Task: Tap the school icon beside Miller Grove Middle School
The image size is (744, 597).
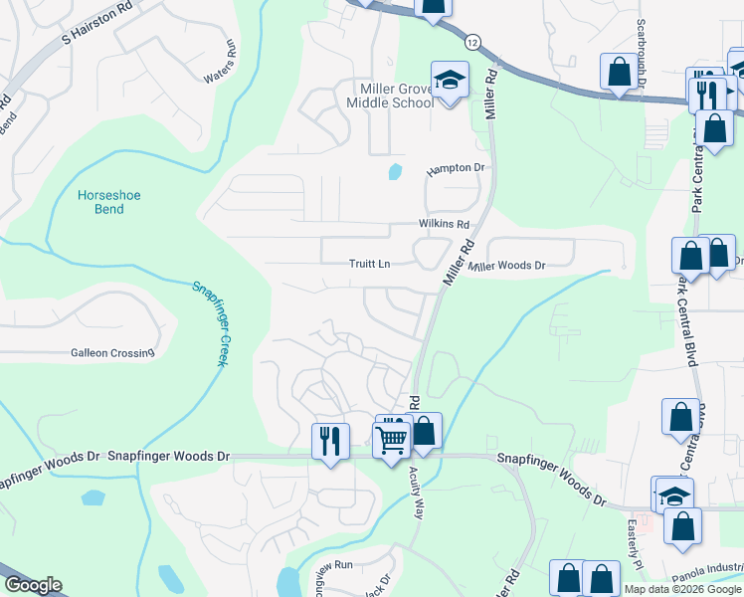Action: pyautogui.click(x=450, y=80)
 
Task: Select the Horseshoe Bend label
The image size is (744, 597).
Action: pyautogui.click(x=109, y=202)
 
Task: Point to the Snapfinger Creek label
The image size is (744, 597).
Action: pyautogui.click(x=210, y=323)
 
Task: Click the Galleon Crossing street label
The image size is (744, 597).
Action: pyautogui.click(x=112, y=352)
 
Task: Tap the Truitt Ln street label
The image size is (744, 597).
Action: pyautogui.click(x=369, y=264)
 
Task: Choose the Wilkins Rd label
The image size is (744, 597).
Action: pyautogui.click(x=444, y=225)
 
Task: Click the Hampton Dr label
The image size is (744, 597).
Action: pyautogui.click(x=455, y=169)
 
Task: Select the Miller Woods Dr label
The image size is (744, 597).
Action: pyautogui.click(x=508, y=266)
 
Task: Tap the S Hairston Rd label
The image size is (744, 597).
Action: pyautogui.click(x=96, y=27)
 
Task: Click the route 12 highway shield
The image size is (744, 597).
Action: pyautogui.click(x=471, y=42)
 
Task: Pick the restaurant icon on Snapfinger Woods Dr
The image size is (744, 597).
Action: pyautogui.click(x=330, y=440)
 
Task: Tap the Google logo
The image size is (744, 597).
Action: pyautogui.click(x=33, y=585)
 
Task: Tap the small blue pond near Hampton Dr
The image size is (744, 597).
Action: pyautogui.click(x=395, y=171)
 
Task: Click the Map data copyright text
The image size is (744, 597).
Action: pyautogui.click(x=682, y=589)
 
